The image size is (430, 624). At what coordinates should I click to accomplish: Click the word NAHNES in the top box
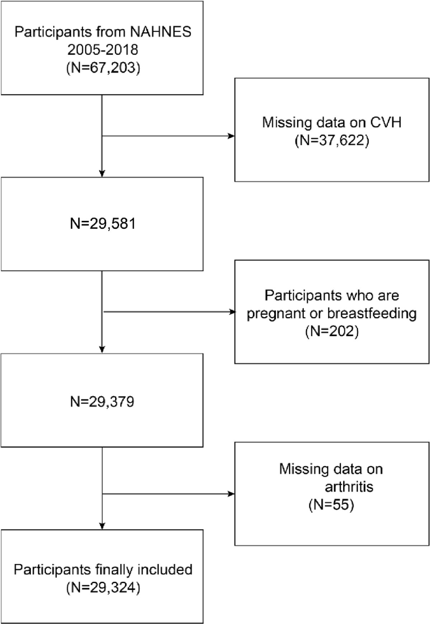coord(161,32)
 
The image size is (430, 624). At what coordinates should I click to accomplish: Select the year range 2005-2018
coord(103,50)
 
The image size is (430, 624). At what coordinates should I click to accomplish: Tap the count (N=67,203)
coord(103,67)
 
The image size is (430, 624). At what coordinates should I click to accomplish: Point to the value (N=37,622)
coord(332,140)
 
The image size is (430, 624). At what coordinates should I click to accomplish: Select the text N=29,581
coord(103,224)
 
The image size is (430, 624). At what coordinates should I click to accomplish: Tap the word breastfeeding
coord(372,313)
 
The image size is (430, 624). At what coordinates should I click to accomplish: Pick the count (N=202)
coord(332,331)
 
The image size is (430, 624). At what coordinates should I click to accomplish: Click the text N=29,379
coord(102,401)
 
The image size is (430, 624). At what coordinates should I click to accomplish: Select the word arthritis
coord(349,487)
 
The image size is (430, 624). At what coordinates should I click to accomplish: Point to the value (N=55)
coord(331,505)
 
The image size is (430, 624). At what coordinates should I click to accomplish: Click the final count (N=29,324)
coord(103,587)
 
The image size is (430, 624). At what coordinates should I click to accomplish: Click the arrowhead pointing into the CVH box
coord(231,136)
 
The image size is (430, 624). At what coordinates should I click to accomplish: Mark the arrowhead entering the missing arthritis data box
coord(231,494)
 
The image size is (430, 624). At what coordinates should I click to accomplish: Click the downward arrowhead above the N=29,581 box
coord(102,173)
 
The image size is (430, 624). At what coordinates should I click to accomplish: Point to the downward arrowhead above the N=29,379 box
coord(102,349)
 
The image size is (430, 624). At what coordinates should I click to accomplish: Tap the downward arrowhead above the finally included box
coord(102,526)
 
